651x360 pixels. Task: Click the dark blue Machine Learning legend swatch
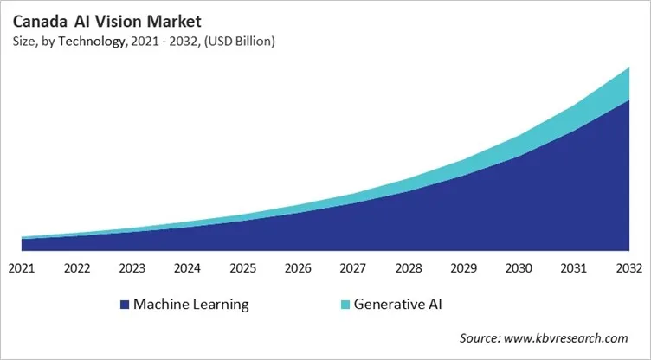click(x=126, y=305)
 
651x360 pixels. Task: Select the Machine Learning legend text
click(x=191, y=305)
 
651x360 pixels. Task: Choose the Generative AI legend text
click(x=404, y=305)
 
